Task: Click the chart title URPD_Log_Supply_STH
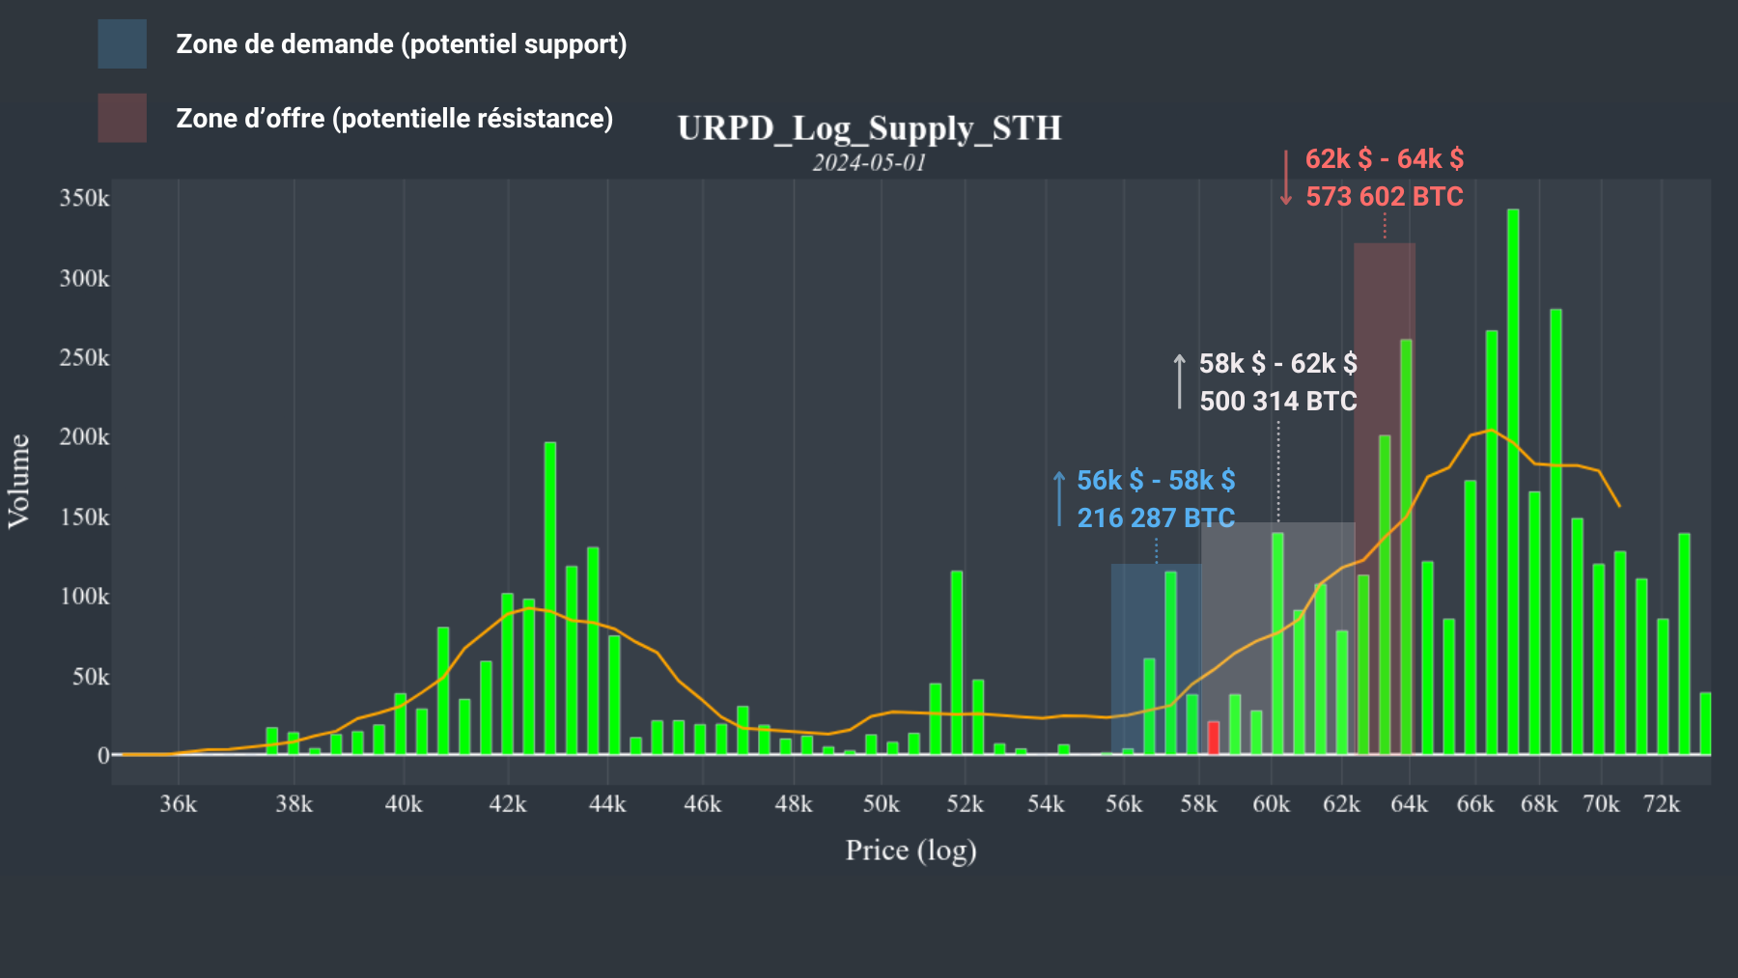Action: point(869,128)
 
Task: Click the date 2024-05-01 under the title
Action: point(869,162)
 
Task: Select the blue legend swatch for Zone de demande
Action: point(122,44)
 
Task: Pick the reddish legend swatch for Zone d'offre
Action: point(122,118)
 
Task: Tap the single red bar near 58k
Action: point(1214,738)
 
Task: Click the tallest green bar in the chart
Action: point(1513,483)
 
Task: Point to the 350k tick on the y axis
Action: point(85,199)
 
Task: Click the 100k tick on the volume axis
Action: point(85,597)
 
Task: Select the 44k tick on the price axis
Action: point(607,804)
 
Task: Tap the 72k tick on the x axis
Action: point(1662,804)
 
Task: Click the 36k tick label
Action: point(178,804)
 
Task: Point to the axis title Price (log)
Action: point(911,851)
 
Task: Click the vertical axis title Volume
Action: point(19,481)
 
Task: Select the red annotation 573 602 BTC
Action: point(1385,197)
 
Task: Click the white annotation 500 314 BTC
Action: point(1277,402)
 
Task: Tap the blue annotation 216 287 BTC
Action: point(1156,518)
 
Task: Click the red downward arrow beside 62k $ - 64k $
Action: point(1286,178)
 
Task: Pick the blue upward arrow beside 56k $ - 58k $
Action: point(1059,498)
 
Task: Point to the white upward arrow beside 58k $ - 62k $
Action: point(1179,381)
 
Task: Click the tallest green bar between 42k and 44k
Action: point(550,599)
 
